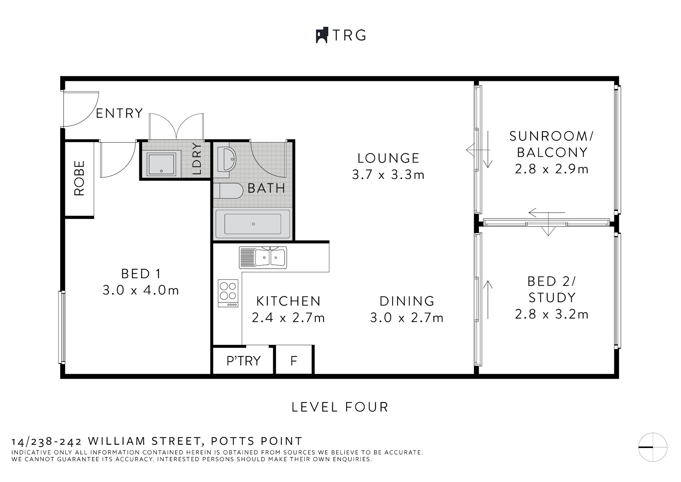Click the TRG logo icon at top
click(x=322, y=35)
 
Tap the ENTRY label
click(x=120, y=113)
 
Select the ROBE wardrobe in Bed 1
click(x=79, y=178)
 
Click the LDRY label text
click(x=197, y=159)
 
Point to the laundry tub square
click(x=161, y=164)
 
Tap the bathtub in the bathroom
click(x=253, y=224)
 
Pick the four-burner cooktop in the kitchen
click(x=228, y=293)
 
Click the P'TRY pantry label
click(x=243, y=361)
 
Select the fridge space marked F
click(x=294, y=361)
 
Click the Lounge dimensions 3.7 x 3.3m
click(x=388, y=175)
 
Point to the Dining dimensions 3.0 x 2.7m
click(x=407, y=318)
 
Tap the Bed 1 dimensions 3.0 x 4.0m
click(x=141, y=290)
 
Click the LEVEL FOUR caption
click(x=340, y=407)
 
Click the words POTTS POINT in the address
click(x=256, y=441)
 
